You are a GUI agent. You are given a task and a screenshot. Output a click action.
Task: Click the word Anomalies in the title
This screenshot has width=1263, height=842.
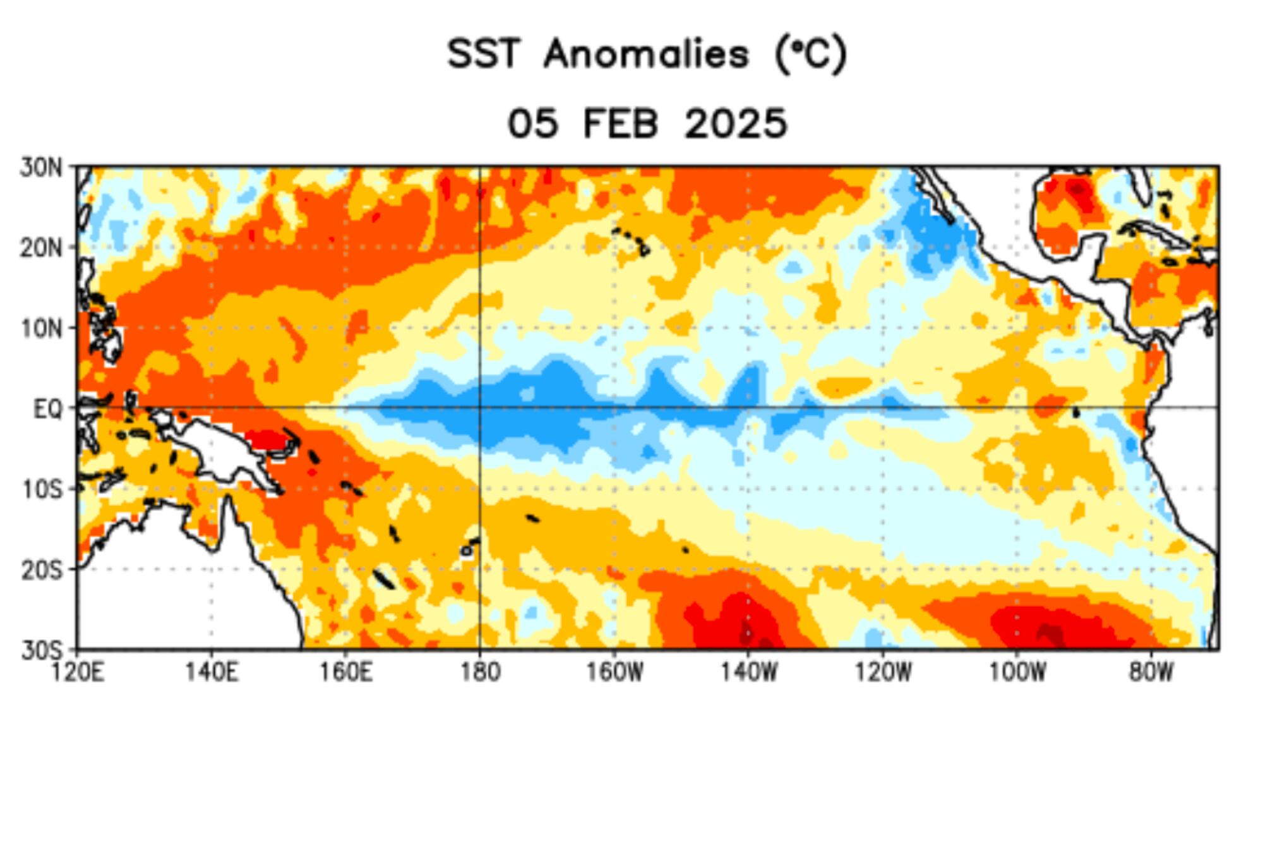[646, 54]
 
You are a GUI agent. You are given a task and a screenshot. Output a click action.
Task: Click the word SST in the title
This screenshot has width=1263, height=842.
[484, 54]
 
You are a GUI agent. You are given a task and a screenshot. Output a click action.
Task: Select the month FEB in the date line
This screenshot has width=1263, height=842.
[620, 123]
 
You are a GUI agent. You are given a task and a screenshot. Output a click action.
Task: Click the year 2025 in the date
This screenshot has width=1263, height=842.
[736, 123]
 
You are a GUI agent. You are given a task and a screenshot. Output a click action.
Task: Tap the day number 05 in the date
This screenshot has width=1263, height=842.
[533, 123]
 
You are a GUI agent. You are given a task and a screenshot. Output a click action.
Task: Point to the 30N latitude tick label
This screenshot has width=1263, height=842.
[42, 168]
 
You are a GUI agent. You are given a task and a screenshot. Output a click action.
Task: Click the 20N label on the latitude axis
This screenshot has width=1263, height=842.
[42, 248]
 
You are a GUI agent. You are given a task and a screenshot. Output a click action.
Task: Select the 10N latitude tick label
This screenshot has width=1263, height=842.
[42, 328]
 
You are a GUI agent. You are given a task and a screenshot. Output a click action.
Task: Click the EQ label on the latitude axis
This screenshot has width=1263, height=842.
[48, 409]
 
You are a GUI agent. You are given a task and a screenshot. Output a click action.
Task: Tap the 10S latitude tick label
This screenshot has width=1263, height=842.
[42, 490]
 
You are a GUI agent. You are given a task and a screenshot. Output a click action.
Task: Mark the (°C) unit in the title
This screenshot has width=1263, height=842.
[810, 54]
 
